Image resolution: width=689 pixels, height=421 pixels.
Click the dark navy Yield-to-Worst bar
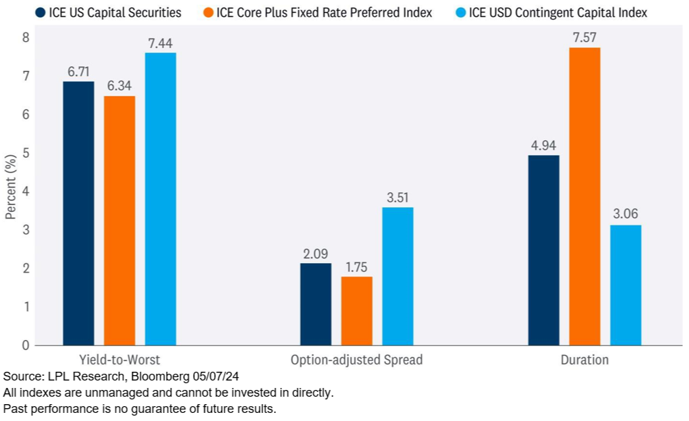click(x=78, y=213)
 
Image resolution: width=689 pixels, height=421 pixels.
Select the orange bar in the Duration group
click(x=584, y=196)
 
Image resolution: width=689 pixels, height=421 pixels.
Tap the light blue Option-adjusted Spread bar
click(x=397, y=276)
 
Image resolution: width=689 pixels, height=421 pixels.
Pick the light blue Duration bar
click(x=626, y=285)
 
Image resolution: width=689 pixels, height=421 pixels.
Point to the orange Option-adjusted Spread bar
click(x=356, y=310)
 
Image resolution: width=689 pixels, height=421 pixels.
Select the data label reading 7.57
click(x=584, y=38)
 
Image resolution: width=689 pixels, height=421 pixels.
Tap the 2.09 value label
click(x=315, y=254)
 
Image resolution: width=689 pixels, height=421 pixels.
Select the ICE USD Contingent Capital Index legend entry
click(x=557, y=12)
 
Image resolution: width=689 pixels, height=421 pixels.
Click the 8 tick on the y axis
click(x=26, y=38)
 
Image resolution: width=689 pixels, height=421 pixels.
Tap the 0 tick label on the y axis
click(x=26, y=345)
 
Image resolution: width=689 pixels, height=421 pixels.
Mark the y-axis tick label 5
click(x=26, y=153)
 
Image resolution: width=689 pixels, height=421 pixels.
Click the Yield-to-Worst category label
click(x=119, y=360)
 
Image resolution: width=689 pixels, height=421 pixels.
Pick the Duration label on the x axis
click(x=584, y=360)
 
